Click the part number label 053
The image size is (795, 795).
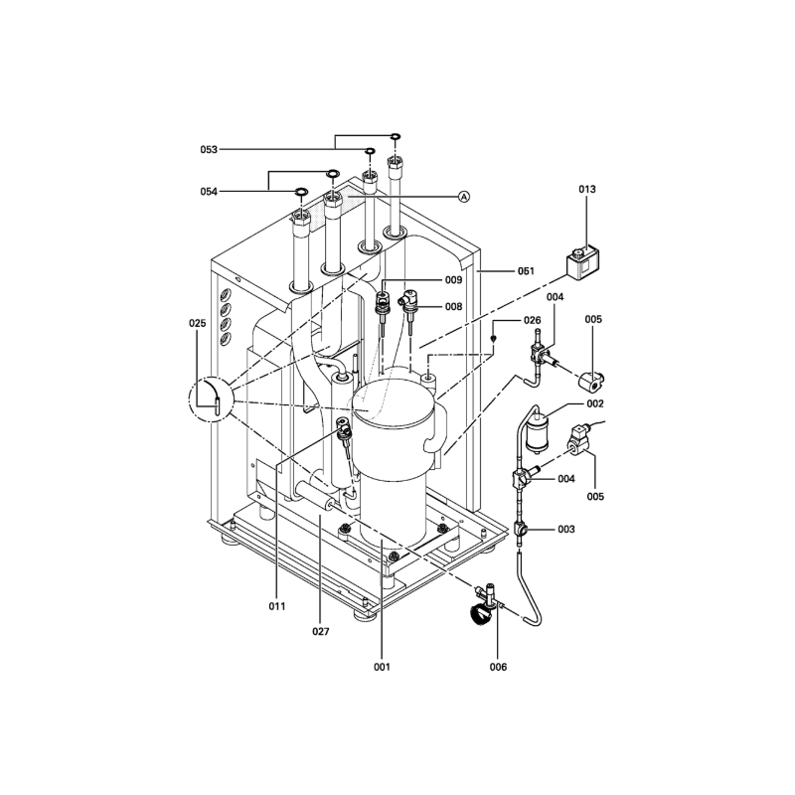click(x=209, y=150)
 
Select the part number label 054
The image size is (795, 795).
click(x=209, y=192)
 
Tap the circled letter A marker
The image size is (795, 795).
click(x=464, y=197)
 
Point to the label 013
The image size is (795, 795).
click(x=587, y=189)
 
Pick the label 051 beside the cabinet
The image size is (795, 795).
click(x=526, y=271)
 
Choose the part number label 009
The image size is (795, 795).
click(x=454, y=280)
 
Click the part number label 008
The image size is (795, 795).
click(x=454, y=307)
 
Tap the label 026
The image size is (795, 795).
click(x=533, y=320)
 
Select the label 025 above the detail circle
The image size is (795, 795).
click(x=198, y=323)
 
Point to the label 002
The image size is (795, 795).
click(x=595, y=403)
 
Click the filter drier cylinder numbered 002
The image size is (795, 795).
click(x=538, y=433)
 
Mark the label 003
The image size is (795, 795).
click(x=566, y=530)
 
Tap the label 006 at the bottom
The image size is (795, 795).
click(x=498, y=667)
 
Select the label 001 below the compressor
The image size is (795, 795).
click(x=382, y=667)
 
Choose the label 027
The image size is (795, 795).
click(x=320, y=632)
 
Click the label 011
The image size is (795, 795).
click(x=277, y=606)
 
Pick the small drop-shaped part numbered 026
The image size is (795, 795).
click(x=494, y=338)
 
